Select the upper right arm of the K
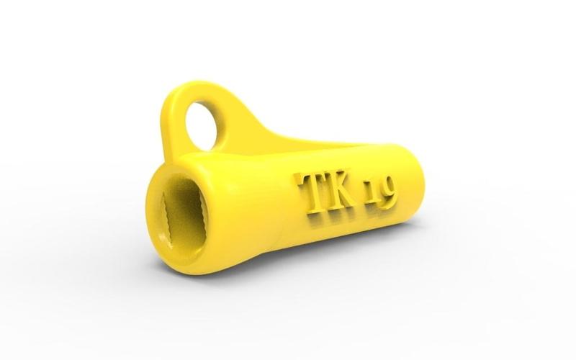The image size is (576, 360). click(349, 180)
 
